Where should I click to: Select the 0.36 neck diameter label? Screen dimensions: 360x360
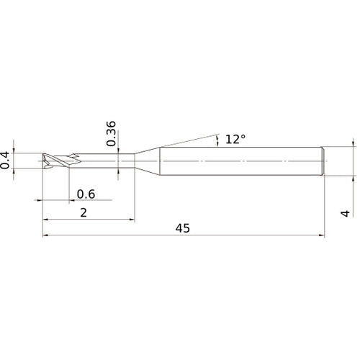(x=111, y=133)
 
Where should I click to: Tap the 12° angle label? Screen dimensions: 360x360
(x=235, y=139)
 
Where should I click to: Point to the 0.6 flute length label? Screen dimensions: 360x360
(x=86, y=193)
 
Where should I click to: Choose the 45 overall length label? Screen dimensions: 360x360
(x=183, y=228)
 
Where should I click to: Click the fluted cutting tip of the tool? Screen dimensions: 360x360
(x=54, y=160)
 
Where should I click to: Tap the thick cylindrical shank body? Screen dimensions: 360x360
(x=238, y=160)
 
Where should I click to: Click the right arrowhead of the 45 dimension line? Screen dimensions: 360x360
(x=321, y=235)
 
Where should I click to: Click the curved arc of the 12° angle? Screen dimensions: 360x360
(x=217, y=140)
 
